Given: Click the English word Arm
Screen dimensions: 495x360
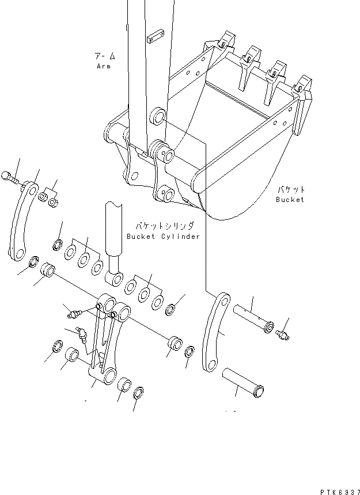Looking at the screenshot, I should click(x=104, y=66).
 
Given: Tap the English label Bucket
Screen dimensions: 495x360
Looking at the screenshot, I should click(x=290, y=199).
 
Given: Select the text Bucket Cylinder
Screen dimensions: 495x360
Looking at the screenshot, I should click(x=164, y=237).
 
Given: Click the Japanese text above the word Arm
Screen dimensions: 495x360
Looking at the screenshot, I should click(x=104, y=56).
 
